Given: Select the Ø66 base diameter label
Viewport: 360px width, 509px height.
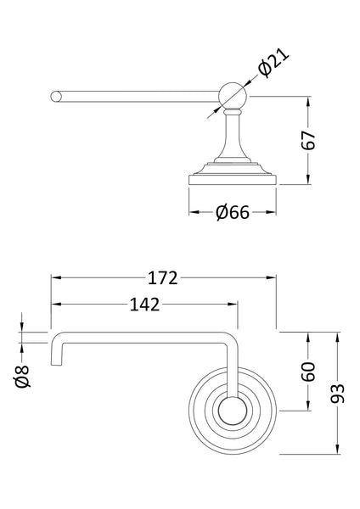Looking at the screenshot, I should coord(232,213).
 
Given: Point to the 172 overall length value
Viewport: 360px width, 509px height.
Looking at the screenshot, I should coord(162,277).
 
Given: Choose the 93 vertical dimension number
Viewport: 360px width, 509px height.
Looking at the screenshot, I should coord(339,392).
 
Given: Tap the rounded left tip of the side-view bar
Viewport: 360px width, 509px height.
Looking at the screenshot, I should coord(55,95).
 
